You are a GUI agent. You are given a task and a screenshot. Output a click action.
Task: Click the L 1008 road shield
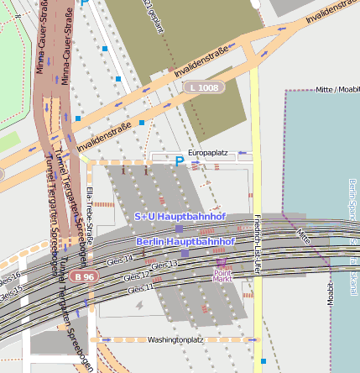204,87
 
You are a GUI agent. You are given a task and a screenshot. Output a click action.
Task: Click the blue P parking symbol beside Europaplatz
179,160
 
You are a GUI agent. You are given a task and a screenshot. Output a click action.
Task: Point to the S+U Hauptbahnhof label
180,217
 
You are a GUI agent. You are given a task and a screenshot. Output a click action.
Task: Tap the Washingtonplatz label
175,340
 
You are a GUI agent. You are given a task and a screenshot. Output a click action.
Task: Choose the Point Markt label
222,276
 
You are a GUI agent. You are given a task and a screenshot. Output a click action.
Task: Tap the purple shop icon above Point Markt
222,263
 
